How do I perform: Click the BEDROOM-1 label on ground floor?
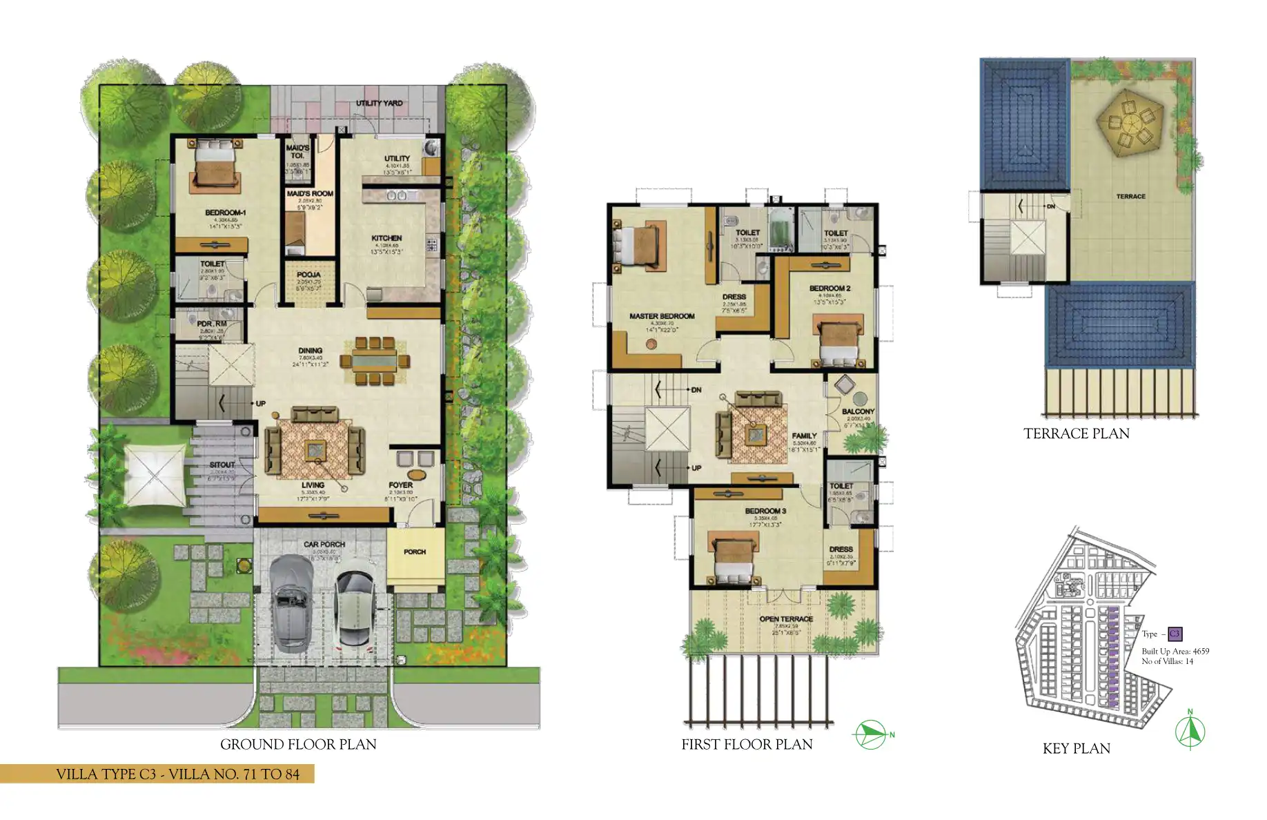[225, 213]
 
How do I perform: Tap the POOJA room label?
[308, 275]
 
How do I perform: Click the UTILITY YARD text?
[379, 103]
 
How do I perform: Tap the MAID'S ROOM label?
[310, 194]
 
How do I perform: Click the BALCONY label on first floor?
[858, 411]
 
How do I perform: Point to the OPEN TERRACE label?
[786, 619]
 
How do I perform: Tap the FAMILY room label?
[804, 436]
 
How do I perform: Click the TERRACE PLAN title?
[1076, 434]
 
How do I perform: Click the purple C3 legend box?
[1175, 634]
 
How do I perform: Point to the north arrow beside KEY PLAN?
[1190, 731]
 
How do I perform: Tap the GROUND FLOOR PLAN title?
[298, 745]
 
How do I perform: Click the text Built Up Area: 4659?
[1175, 651]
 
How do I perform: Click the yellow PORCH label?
[415, 552]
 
